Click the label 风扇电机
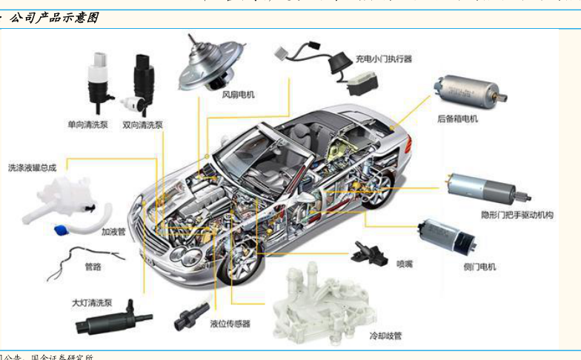point(238,94)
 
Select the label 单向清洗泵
point(87,124)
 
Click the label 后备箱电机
point(457,119)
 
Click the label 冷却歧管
point(385,336)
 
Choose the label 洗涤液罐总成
point(32,167)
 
